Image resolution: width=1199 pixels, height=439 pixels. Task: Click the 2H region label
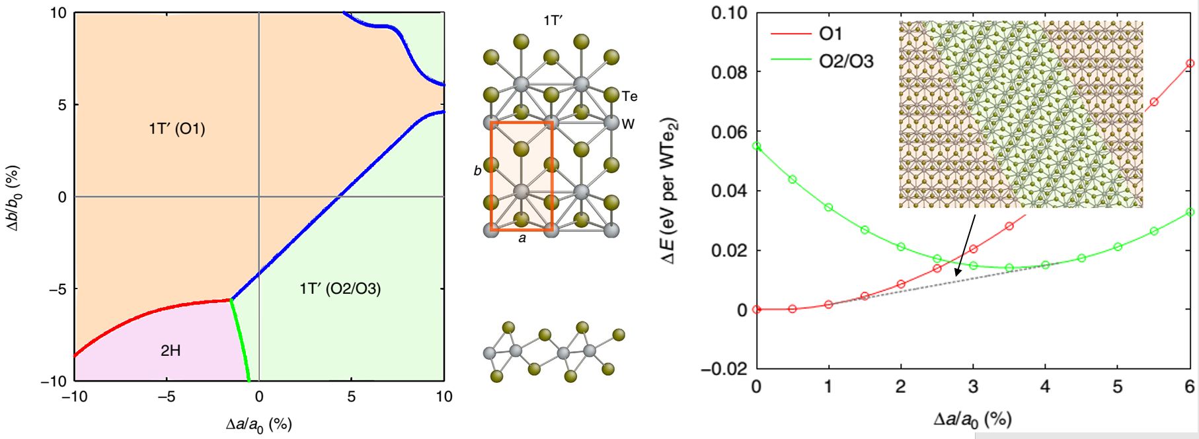[x=171, y=351]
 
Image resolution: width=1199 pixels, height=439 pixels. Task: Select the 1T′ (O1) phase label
[x=176, y=129]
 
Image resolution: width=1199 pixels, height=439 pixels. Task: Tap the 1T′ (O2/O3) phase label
[x=340, y=288]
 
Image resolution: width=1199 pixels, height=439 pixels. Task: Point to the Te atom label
[x=629, y=96]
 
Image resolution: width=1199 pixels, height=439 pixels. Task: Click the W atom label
[x=628, y=124]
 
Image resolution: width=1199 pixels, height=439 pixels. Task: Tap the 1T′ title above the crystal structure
[x=553, y=21]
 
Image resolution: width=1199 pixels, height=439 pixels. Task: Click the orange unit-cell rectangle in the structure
[x=490, y=176]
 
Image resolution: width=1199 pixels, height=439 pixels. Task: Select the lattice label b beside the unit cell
[x=477, y=171]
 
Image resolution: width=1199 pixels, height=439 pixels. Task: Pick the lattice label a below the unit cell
[x=522, y=239]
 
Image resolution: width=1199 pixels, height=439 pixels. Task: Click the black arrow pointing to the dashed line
[x=964, y=244]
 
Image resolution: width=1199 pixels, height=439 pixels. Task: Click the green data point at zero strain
[x=757, y=146]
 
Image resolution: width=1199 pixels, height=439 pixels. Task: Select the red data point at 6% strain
[x=1190, y=63]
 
